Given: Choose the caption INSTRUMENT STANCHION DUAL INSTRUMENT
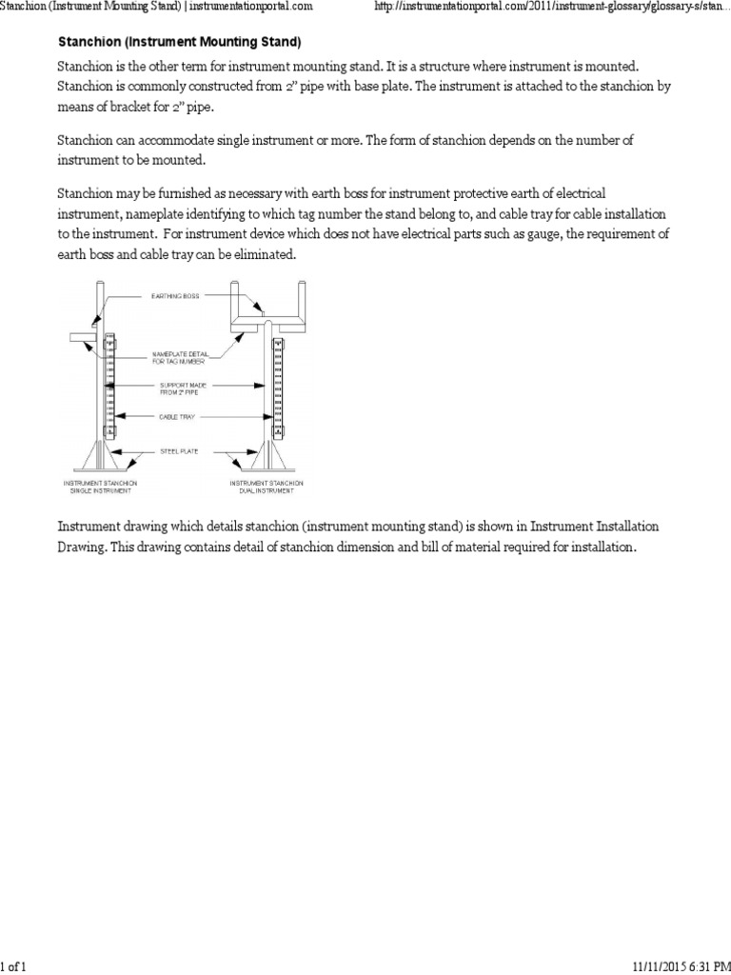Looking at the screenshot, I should (x=266, y=487).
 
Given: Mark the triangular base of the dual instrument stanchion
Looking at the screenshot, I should (x=268, y=455).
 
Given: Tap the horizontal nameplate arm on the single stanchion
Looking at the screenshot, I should (x=81, y=337).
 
